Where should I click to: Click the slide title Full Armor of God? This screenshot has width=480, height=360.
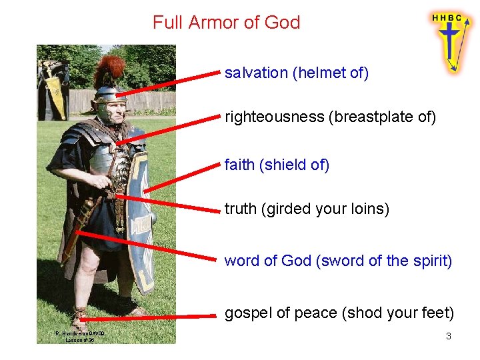click(x=226, y=23)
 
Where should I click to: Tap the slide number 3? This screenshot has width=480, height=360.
click(x=449, y=337)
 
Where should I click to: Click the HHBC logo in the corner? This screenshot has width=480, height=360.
click(x=447, y=40)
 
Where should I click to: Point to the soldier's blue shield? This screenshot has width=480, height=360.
click(x=141, y=220)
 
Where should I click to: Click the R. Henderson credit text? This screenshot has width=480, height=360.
click(x=79, y=336)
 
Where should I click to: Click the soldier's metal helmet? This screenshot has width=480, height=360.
click(x=109, y=97)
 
